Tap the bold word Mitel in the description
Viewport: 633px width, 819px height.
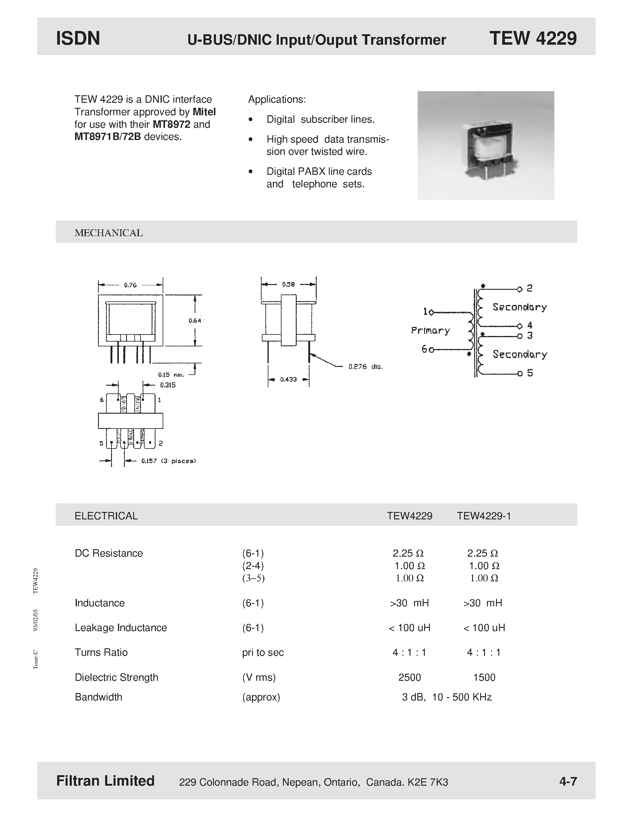click(x=204, y=112)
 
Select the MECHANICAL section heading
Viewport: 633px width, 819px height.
click(x=108, y=233)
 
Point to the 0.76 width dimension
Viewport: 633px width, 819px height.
click(x=130, y=285)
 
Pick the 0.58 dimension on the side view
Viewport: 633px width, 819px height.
click(x=288, y=284)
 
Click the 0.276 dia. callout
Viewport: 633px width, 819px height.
click(x=365, y=367)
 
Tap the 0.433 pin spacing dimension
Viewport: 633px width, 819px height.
click(x=288, y=379)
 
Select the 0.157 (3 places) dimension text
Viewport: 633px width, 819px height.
click(x=168, y=461)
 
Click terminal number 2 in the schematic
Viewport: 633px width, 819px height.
click(x=530, y=288)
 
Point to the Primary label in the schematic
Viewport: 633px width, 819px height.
click(x=430, y=330)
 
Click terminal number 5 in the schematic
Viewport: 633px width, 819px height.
click(x=530, y=373)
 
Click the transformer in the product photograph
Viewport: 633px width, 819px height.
click(x=489, y=150)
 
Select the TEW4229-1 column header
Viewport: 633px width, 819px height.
click(x=484, y=516)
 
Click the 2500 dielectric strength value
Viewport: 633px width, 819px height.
click(x=410, y=677)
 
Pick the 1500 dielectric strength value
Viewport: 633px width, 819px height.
click(x=484, y=677)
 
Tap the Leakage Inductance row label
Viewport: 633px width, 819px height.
click(x=121, y=628)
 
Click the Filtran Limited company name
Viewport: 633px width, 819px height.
click(x=105, y=781)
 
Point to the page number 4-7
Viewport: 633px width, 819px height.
click(x=568, y=781)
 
